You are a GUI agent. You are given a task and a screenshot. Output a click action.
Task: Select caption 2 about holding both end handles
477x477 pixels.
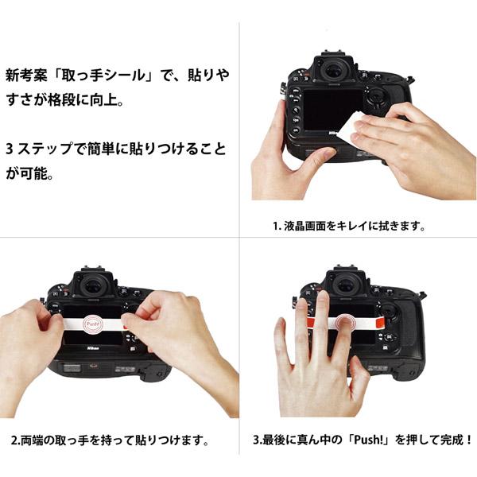click(111, 440)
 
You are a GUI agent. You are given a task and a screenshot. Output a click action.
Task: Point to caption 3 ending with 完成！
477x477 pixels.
click(363, 440)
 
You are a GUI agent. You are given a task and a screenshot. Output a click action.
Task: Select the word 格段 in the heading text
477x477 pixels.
click(81, 103)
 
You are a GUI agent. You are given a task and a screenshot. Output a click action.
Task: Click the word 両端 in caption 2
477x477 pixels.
click(34, 440)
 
